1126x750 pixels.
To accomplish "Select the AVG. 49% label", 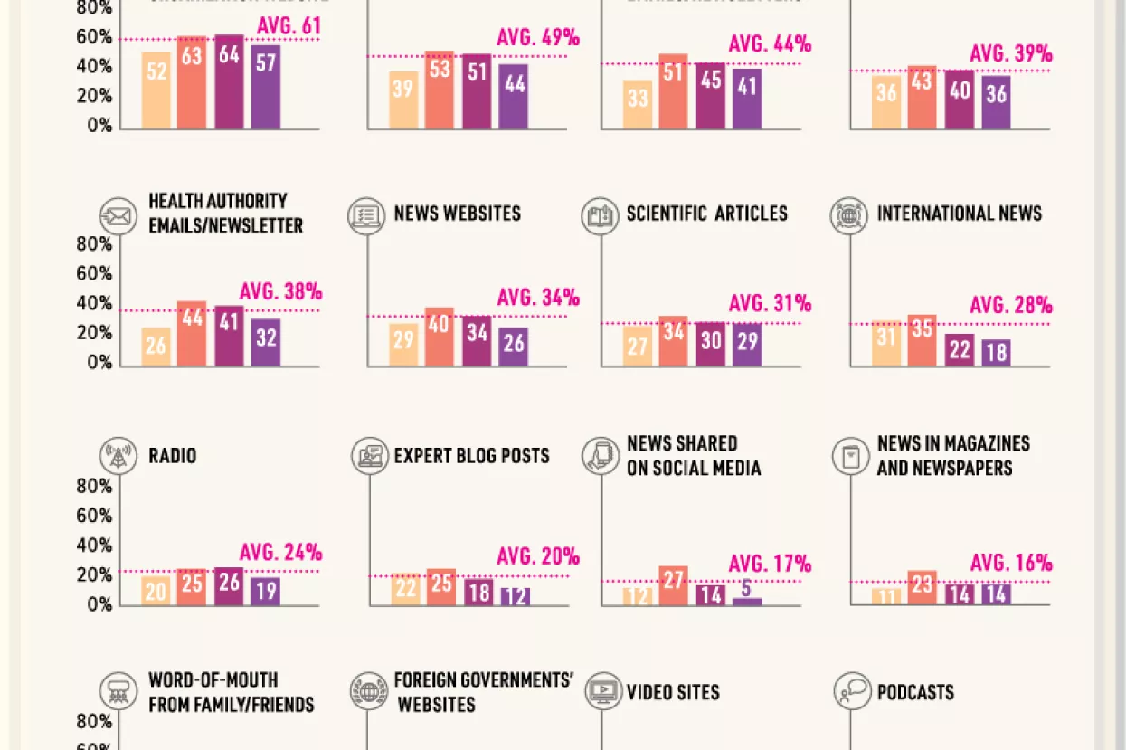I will (537, 38).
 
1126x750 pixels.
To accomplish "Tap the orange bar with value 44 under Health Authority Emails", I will (192, 334).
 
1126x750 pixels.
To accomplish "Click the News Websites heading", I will (457, 214).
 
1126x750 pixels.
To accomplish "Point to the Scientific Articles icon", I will (600, 217).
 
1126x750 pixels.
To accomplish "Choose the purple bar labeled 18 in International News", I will (996, 352).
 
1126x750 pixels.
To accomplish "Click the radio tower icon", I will (118, 457).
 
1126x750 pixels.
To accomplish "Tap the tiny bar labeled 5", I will (747, 601).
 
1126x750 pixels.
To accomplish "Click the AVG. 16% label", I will (1010, 564).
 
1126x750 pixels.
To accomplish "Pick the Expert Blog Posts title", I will (471, 456).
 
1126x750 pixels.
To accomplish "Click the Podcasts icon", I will (851, 692).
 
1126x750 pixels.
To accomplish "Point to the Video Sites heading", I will (673, 693).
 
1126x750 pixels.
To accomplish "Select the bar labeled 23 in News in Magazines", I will (922, 588).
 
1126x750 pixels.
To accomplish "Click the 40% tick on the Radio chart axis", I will (94, 546).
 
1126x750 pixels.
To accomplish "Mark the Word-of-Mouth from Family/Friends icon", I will (118, 692).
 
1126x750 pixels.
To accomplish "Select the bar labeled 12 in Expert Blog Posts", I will (515, 596).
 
